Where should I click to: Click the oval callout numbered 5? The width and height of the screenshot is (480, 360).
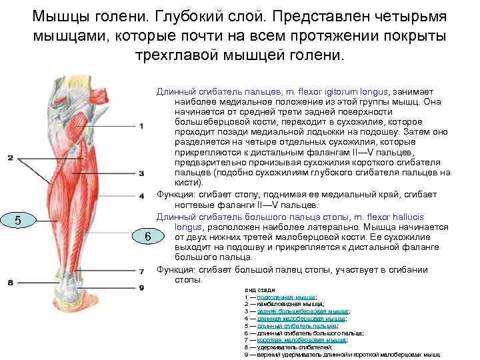click(18, 221)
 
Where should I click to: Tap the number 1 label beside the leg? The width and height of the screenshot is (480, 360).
click(142, 126)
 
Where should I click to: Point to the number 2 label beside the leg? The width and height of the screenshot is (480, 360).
click(10, 158)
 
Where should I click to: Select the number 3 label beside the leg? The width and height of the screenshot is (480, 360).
click(142, 173)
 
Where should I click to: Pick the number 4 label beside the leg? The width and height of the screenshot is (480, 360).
click(142, 196)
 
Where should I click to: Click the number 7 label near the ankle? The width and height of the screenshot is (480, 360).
click(142, 271)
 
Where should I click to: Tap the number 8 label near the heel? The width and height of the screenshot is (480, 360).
click(10, 283)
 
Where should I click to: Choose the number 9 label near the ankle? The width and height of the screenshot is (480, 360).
click(142, 287)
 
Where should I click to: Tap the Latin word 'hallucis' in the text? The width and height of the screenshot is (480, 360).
click(427, 217)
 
